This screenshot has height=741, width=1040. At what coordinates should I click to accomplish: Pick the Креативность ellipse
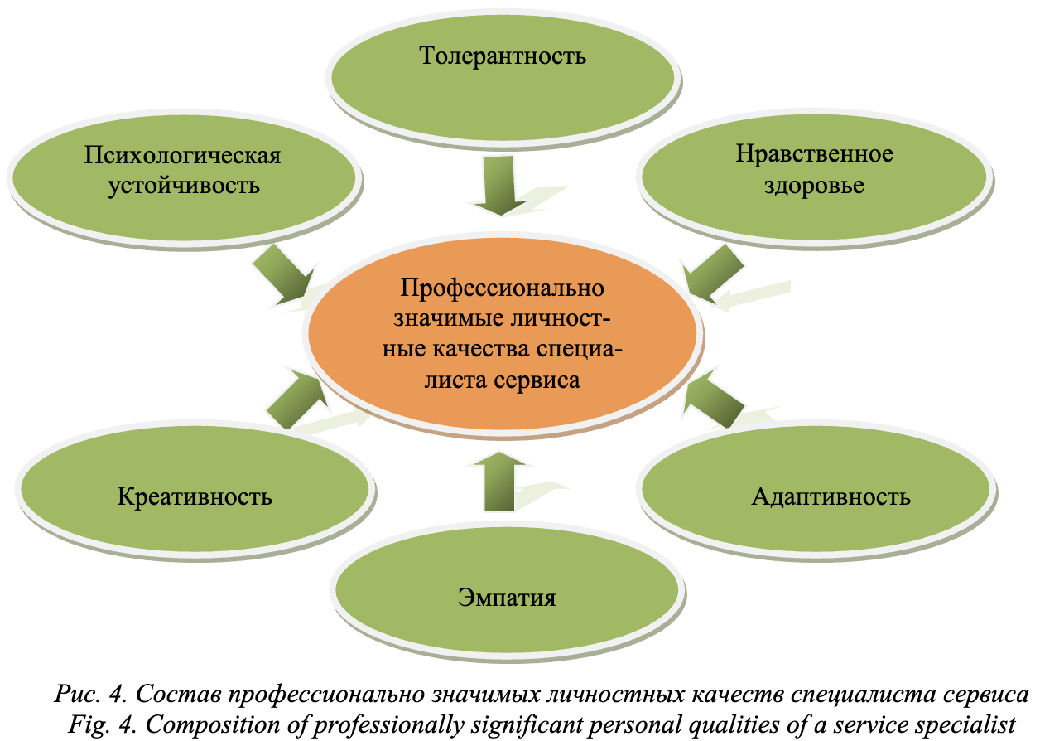pos(195,496)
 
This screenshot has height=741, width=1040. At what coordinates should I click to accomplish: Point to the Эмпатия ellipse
pos(507,598)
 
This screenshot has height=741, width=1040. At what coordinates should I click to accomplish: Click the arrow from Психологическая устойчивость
pos(282,273)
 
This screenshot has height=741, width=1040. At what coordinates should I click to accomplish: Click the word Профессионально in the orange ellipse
pos(503,289)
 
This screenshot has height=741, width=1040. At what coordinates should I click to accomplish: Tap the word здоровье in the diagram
pos(815,185)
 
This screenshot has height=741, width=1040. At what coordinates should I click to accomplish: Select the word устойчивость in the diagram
pos(184,185)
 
